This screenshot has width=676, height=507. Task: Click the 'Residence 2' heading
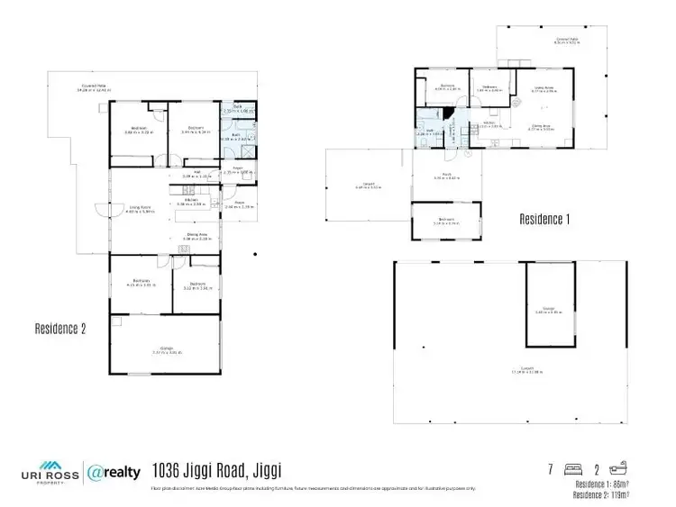pyautogui.click(x=59, y=329)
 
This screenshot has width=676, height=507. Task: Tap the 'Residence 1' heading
pyautogui.click(x=545, y=219)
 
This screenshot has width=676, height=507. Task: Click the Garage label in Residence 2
pyautogui.click(x=166, y=349)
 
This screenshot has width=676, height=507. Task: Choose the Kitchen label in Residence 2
pyautogui.click(x=191, y=203)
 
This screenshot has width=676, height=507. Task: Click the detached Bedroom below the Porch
pyautogui.click(x=447, y=221)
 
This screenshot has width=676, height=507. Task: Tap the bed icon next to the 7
pyautogui.click(x=571, y=468)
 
